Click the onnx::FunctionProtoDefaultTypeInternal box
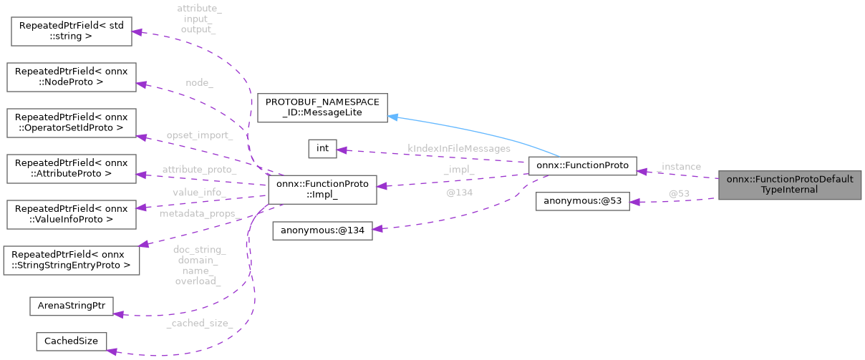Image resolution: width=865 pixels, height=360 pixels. [x=791, y=185]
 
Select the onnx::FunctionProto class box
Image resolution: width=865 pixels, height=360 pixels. [x=581, y=166]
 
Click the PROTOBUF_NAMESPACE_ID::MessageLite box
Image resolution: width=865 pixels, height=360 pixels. [x=322, y=107]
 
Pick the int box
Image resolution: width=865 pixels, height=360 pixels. [x=322, y=149]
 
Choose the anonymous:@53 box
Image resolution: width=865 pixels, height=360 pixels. [x=583, y=202]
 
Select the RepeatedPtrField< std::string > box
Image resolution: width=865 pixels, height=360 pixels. [x=69, y=30]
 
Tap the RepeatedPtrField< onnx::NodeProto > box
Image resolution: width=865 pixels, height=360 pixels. [x=71, y=77]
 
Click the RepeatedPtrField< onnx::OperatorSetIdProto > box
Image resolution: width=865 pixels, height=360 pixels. [x=71, y=122]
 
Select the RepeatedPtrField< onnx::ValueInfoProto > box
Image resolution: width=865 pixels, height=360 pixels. [x=71, y=214]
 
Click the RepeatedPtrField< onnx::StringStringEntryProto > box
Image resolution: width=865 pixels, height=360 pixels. [x=71, y=260]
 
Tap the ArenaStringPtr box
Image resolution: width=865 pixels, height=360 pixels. [x=71, y=306]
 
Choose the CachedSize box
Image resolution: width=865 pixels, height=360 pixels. [x=71, y=341]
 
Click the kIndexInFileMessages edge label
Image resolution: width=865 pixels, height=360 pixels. [x=458, y=148]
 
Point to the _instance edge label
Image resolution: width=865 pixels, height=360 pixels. [x=681, y=167]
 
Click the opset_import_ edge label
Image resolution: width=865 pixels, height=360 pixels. [x=199, y=135]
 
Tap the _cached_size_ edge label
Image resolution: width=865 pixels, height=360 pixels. [x=199, y=323]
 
